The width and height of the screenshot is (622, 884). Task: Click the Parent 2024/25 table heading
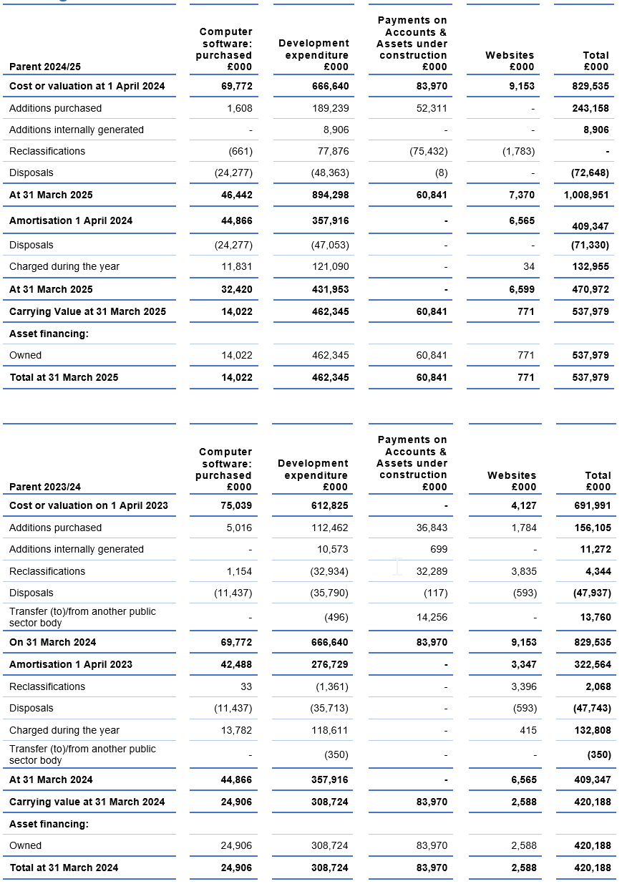[45, 67]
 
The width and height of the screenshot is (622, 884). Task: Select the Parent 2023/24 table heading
[45, 487]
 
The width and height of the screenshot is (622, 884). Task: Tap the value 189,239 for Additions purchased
[330, 108]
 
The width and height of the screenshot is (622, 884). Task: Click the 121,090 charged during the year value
[330, 266]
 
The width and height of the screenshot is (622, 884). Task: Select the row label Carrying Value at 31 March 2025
[87, 311]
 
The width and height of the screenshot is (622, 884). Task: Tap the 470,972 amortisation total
[591, 289]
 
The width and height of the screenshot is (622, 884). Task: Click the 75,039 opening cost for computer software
[235, 505]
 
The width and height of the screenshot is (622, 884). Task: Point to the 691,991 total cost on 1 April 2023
[592, 505]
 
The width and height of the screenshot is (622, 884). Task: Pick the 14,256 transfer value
[432, 617]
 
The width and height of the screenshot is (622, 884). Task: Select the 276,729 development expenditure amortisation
[330, 664]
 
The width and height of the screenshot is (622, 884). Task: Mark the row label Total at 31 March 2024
[64, 868]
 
